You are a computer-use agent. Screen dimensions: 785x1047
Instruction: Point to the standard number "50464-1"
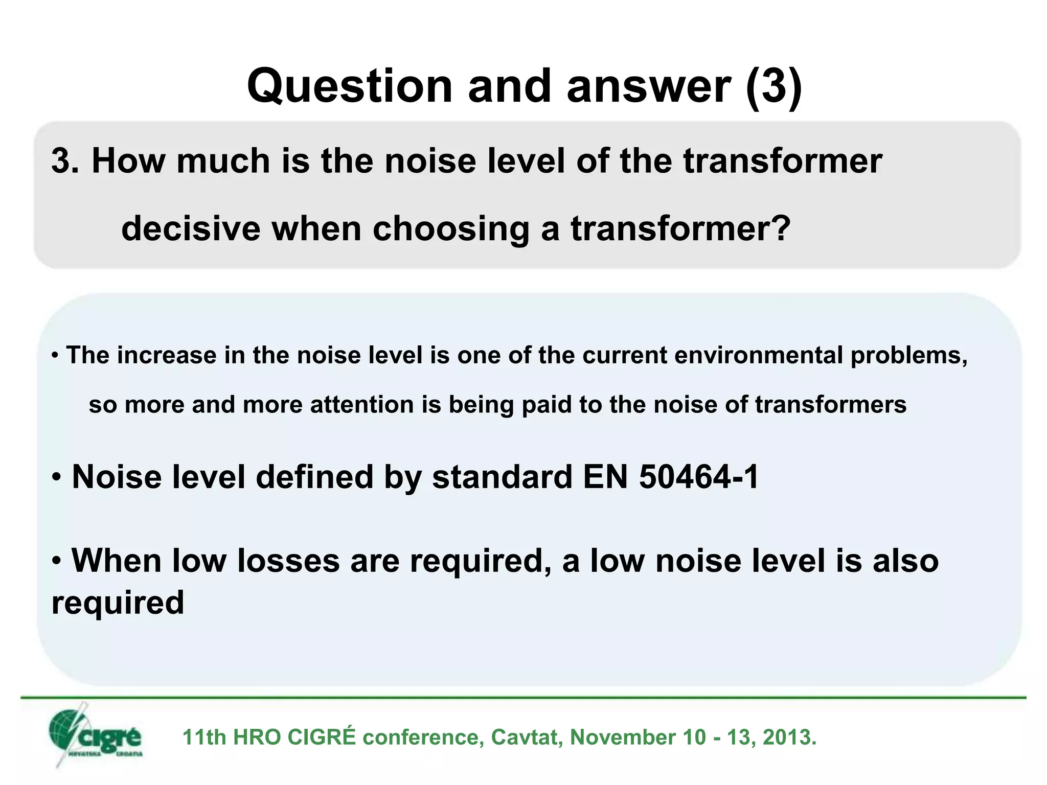698,477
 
